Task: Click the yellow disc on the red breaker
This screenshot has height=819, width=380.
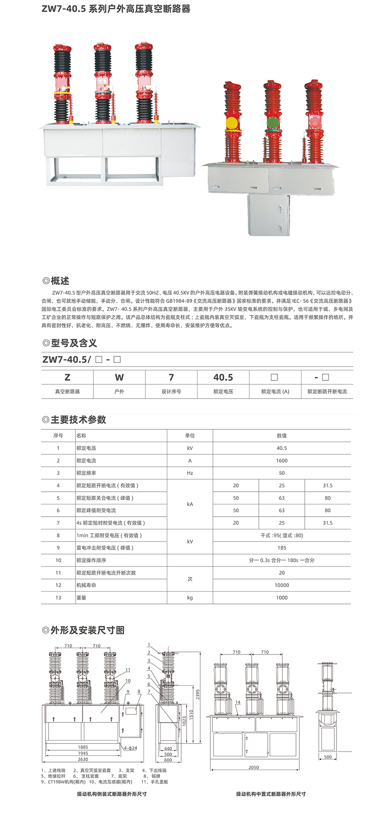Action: coord(232,123)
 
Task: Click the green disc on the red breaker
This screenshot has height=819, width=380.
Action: coord(273,123)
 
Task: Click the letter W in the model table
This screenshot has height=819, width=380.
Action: coord(119,377)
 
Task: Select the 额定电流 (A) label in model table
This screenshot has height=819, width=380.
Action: coord(275,391)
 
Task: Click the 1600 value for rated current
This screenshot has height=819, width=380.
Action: coord(282,461)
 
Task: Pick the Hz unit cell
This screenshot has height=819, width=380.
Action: coord(190,473)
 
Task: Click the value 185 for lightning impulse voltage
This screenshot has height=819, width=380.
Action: coord(282,548)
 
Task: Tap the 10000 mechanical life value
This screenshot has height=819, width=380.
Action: coord(282,585)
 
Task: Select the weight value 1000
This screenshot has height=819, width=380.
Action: coord(282,598)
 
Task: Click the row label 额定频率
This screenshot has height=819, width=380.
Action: coord(86,473)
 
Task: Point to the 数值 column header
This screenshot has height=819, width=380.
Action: coord(282,436)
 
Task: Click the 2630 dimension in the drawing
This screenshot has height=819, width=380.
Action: coord(83,759)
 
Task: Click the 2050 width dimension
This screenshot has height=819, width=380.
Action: coord(254,767)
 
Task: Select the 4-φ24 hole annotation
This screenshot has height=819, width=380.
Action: coord(130,748)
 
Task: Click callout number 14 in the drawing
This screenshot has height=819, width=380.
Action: coord(238,702)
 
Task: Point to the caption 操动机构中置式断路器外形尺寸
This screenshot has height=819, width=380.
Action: coord(271,794)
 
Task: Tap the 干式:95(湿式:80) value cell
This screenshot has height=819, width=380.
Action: coord(282,535)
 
